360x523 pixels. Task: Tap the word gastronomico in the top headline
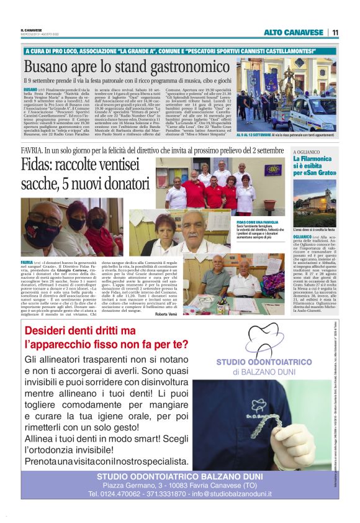186,67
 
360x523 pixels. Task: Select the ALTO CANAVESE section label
294,32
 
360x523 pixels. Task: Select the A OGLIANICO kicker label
307,151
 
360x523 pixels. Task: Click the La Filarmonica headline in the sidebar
314,160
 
